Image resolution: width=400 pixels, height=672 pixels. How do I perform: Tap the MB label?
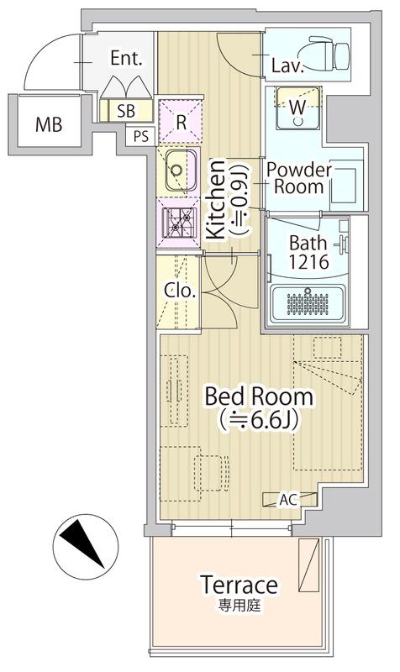(x=49, y=124)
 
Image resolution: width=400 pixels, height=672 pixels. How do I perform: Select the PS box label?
(x=140, y=136)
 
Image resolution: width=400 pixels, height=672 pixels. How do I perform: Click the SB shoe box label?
(x=126, y=111)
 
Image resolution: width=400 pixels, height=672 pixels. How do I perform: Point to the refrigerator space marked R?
(x=181, y=122)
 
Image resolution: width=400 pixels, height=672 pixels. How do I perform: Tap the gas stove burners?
(x=179, y=223)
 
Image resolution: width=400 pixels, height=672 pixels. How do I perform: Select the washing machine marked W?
(x=298, y=108)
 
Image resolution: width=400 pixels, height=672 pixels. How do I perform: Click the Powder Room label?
(x=299, y=178)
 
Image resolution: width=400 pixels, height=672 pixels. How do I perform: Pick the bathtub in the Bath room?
(x=308, y=304)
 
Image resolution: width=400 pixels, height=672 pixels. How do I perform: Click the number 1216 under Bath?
(x=308, y=261)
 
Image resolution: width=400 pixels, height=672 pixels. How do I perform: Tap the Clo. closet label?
(x=180, y=291)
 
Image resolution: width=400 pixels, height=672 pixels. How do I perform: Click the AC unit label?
(x=287, y=499)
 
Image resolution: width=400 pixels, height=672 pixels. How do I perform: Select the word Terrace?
(x=239, y=585)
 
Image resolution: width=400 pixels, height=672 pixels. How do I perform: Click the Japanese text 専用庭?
(x=239, y=606)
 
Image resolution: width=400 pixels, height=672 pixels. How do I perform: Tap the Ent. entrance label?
(x=126, y=58)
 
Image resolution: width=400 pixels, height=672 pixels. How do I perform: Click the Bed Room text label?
(x=259, y=396)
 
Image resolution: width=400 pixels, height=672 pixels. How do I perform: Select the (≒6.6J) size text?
(x=259, y=421)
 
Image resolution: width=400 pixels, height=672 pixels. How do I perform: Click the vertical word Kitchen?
(x=216, y=199)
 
